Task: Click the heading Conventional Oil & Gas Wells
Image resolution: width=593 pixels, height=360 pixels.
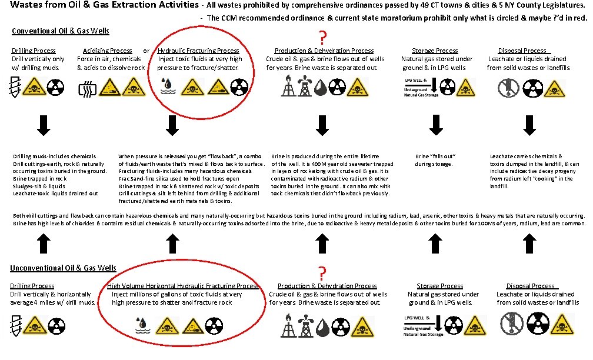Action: click(60, 31)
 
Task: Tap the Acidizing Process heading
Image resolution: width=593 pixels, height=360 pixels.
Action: click(108, 51)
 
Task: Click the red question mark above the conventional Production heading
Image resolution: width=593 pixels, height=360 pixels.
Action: click(322, 36)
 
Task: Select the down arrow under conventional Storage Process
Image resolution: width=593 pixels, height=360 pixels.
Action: click(435, 125)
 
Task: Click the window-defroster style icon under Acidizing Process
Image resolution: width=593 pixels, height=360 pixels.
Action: click(86, 89)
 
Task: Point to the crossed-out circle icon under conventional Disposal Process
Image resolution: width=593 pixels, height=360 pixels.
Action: click(505, 88)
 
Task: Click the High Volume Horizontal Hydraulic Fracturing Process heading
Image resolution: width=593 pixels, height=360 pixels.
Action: click(182, 286)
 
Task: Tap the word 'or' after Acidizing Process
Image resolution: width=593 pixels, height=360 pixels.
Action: click(146, 51)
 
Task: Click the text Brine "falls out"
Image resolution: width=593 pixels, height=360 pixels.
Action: click(436, 156)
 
